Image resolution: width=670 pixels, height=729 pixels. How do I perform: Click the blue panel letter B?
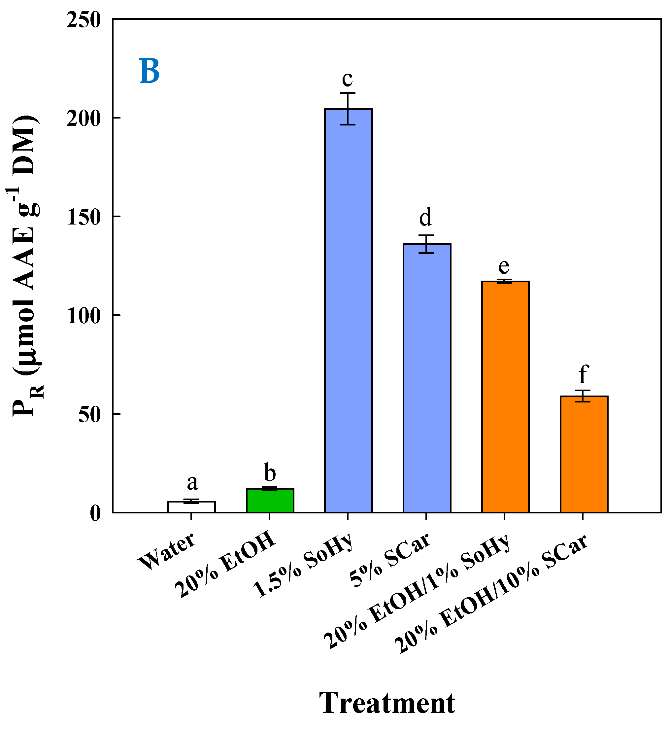150,71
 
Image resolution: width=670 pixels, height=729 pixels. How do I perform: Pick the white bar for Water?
191,507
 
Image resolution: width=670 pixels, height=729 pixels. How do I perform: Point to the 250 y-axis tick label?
84,20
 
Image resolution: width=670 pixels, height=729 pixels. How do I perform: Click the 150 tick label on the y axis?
84,217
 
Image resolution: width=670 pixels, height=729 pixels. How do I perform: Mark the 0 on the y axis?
95,513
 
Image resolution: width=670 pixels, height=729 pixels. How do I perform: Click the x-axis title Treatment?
387,703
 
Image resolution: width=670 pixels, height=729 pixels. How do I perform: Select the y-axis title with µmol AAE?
25,266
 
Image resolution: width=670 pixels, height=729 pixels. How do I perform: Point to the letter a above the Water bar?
192,483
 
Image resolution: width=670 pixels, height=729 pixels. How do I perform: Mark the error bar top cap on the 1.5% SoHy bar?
348,93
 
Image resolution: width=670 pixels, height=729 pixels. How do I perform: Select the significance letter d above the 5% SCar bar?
426,217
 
